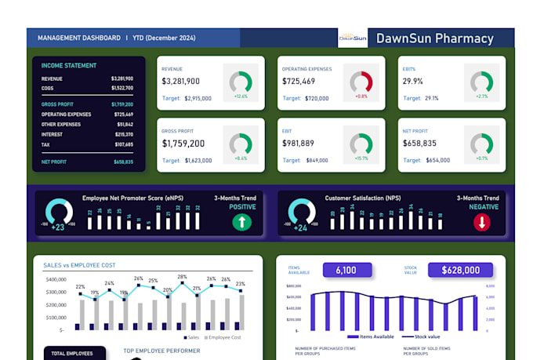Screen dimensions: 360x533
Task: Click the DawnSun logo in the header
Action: point(353,38)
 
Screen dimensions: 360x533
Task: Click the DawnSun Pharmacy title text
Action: point(435,38)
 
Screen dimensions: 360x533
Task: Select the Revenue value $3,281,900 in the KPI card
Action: point(181,82)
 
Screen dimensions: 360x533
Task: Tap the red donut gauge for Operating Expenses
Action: point(361,81)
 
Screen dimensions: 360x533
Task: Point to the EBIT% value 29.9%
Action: point(413,82)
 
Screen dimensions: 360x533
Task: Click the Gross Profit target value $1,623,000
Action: point(198,160)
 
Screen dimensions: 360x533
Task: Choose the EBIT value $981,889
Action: point(298,144)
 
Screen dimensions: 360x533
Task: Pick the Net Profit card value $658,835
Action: point(419,144)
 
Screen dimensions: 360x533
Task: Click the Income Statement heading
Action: point(69,66)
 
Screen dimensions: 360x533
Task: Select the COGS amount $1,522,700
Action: point(121,88)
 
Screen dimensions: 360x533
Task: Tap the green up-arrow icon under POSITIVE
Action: point(242,223)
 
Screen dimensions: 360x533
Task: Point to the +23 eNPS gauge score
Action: point(59,227)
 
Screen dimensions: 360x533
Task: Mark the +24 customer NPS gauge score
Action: point(299,227)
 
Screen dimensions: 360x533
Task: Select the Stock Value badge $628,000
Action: point(460,270)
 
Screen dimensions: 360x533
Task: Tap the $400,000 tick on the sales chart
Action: point(56,280)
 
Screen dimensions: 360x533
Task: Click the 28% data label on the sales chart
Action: point(182,277)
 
